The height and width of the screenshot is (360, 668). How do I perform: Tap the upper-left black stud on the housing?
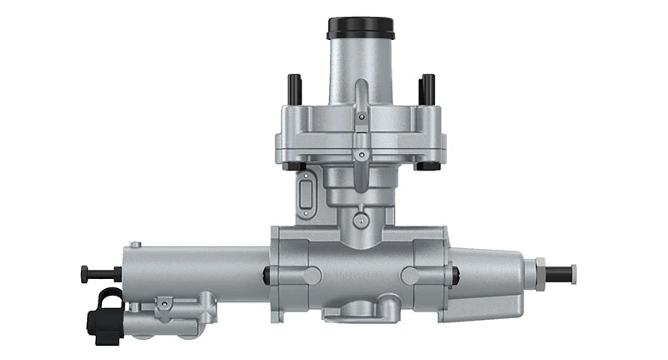pos(294,87)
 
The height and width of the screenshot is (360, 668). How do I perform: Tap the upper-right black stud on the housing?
pos(428,87)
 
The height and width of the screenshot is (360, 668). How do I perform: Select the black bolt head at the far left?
pos(85,273)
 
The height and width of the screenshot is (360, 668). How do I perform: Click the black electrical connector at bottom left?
pos(107,316)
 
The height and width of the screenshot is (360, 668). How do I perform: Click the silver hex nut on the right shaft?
pos(541,273)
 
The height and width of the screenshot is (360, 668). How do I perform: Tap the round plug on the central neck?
pos(360,221)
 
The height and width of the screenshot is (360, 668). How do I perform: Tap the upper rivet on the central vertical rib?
pos(360,118)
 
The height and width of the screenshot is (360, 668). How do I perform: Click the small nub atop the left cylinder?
pos(137,244)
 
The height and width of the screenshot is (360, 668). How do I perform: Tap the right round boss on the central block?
pos(410,275)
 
